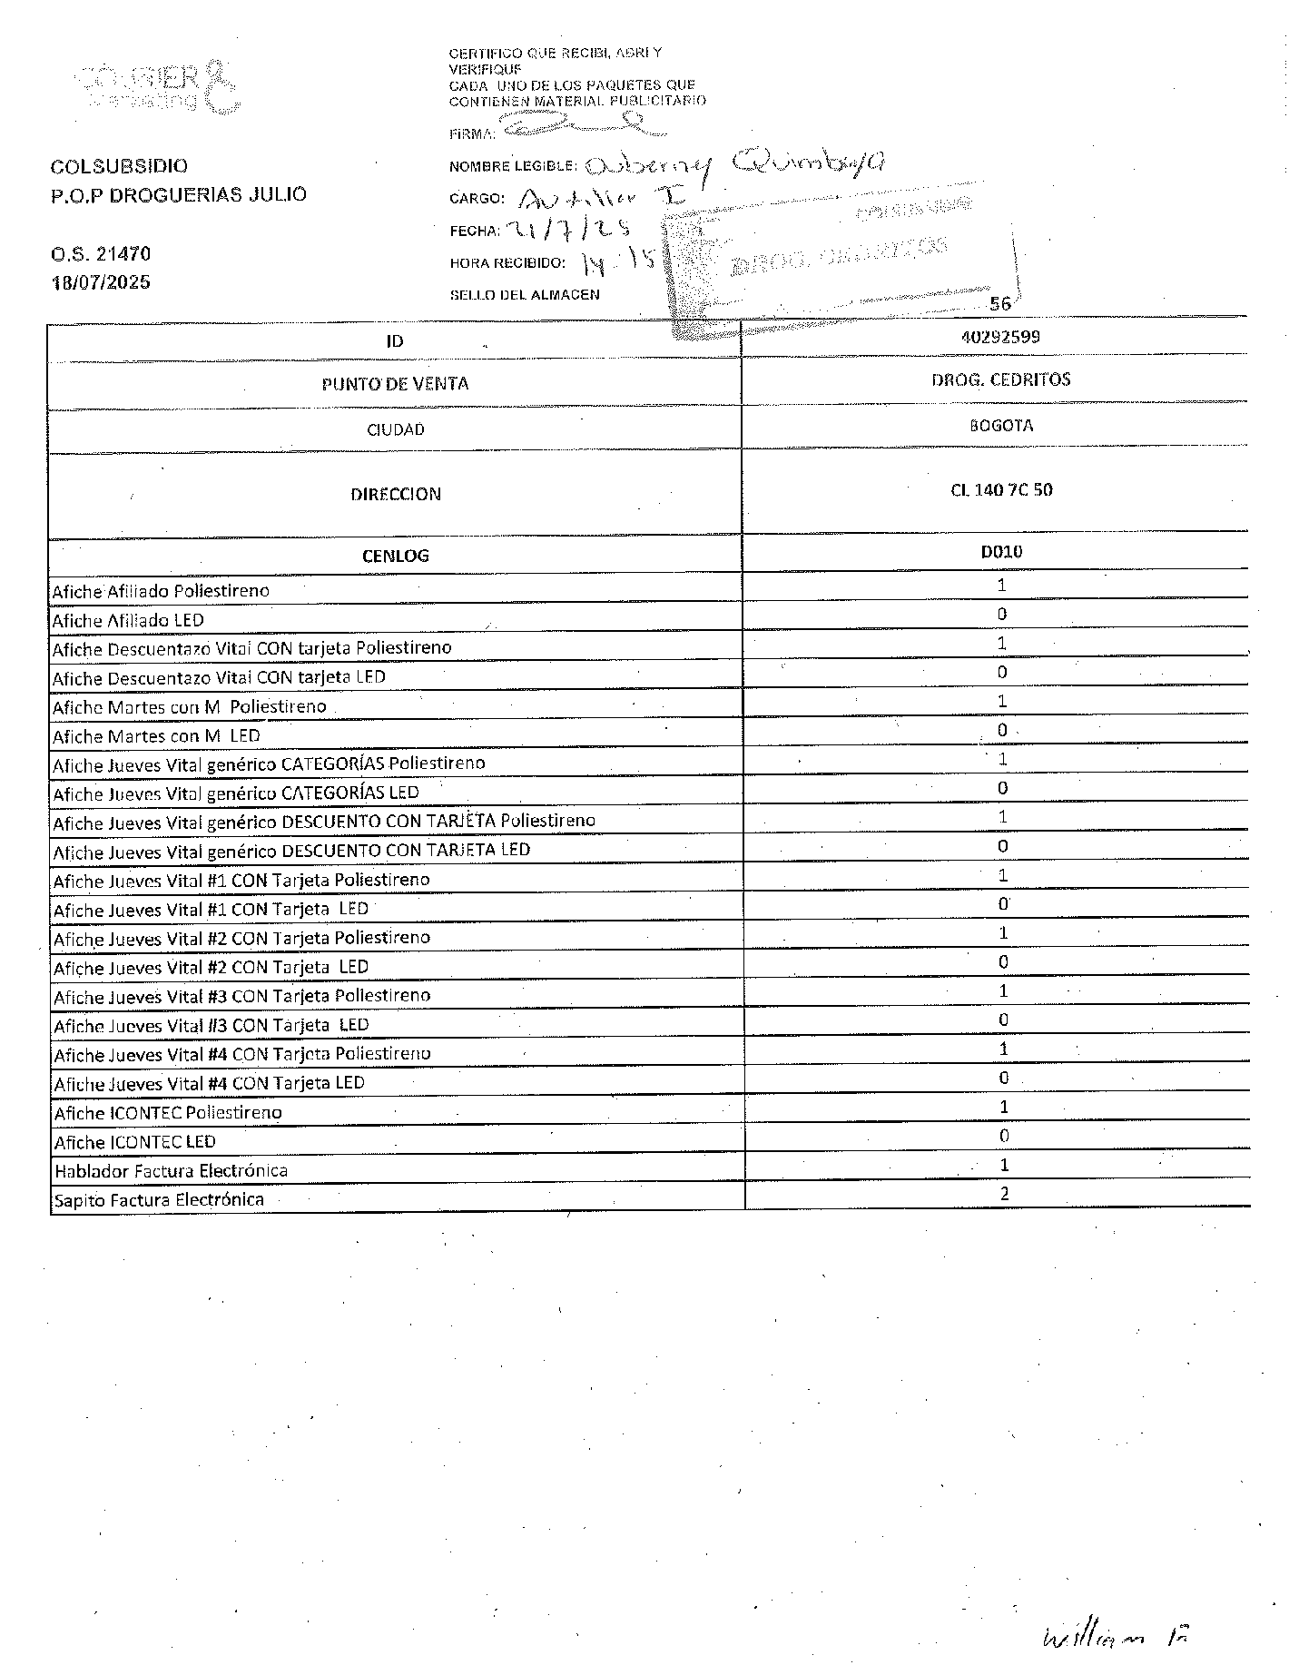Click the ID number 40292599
pos(1000,337)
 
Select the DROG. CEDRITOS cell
pos(1000,379)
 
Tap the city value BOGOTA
pos(1000,426)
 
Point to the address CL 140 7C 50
pos(1001,490)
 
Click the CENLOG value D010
pos(1001,551)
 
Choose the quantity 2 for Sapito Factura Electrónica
pos(1004,1194)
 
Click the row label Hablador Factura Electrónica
pos(171,1171)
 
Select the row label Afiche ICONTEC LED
pos(135,1142)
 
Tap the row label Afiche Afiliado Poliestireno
pos(161,591)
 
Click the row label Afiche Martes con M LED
pos(156,736)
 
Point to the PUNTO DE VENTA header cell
pos(395,384)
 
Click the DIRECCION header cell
pos(396,495)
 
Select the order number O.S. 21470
pos(101,254)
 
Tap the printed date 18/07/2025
pos(101,282)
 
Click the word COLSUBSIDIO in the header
pos(119,166)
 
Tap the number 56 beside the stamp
pos(999,304)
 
